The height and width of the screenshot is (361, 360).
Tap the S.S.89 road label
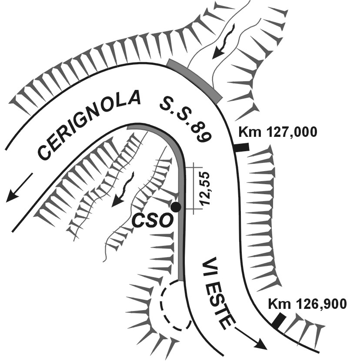point(185,120)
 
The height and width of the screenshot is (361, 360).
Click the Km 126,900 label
point(307,304)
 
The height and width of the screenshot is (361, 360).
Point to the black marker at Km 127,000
point(241,147)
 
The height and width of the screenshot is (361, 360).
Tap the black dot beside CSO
point(176,207)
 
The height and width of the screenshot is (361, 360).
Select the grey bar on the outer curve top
point(195,80)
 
